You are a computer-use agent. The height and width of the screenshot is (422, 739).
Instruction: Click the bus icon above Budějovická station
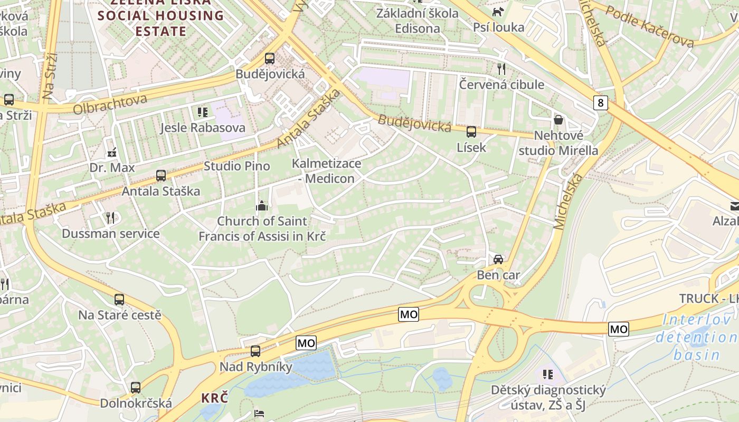click(270, 58)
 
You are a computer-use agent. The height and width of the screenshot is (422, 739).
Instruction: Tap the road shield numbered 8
click(600, 102)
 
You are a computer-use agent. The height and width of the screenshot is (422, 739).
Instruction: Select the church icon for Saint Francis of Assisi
click(262, 206)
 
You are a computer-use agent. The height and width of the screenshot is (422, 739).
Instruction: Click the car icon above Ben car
click(498, 259)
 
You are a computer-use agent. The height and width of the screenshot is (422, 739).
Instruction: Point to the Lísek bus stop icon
click(471, 131)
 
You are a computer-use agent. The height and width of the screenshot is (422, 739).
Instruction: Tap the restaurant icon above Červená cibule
click(501, 69)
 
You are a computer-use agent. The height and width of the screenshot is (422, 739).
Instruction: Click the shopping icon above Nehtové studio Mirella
click(558, 120)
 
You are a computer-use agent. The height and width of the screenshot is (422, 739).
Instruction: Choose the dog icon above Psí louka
click(498, 12)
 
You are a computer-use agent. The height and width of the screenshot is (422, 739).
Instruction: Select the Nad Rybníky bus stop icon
click(255, 351)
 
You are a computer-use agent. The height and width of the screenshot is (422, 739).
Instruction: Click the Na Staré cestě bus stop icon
click(119, 299)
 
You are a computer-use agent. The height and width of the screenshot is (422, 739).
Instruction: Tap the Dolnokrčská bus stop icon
click(136, 387)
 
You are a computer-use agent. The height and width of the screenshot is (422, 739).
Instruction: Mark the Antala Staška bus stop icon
click(161, 175)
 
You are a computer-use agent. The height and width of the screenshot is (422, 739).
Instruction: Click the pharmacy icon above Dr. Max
click(111, 152)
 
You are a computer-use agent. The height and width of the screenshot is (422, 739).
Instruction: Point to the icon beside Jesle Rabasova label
click(202, 112)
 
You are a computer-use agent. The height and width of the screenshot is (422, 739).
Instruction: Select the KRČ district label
click(214, 398)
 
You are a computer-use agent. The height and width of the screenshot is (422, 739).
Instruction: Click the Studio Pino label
click(236, 166)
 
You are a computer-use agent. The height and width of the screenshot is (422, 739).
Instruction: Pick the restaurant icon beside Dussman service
click(110, 217)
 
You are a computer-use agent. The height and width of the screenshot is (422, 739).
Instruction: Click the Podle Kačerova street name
click(649, 26)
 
